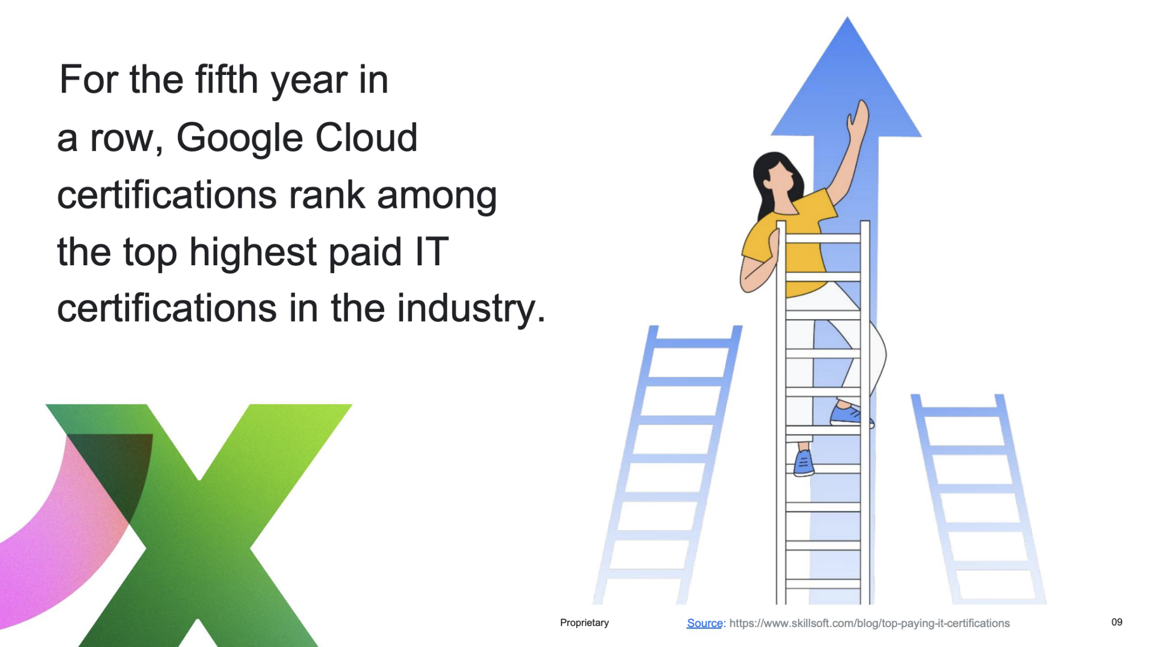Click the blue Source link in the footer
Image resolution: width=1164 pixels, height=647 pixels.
point(705,623)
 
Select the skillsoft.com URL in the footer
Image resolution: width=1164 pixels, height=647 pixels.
point(870,623)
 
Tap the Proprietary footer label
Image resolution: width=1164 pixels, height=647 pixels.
point(584,623)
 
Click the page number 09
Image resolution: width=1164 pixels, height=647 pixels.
point(1117,622)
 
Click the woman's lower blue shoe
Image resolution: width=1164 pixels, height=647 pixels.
point(804,463)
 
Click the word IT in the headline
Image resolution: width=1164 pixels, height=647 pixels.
point(431,251)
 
